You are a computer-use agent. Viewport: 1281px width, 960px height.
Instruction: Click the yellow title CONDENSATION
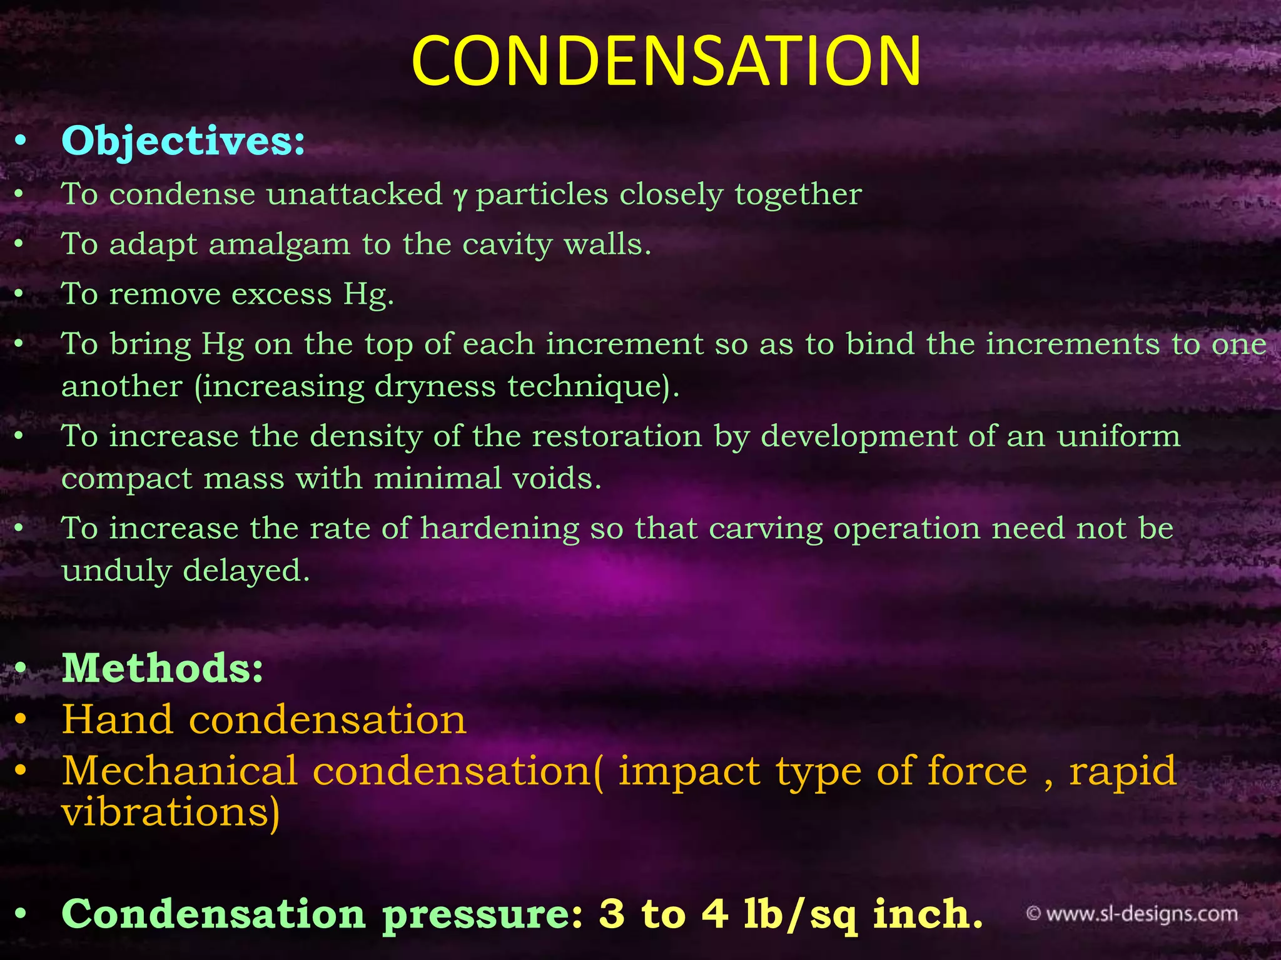coord(666,61)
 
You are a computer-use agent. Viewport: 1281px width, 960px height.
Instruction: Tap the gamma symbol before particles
coord(460,196)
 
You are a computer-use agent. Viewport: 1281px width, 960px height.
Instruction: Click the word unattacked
coord(354,194)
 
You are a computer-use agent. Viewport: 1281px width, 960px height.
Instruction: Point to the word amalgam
coord(279,244)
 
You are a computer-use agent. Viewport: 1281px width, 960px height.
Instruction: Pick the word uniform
coord(1118,436)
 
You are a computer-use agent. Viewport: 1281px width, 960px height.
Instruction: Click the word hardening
coord(500,529)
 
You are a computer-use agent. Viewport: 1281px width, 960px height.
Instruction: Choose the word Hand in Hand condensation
coord(117,719)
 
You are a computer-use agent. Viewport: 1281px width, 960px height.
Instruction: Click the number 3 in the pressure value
coord(611,914)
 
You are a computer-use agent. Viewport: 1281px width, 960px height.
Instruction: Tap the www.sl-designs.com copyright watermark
coord(1132,914)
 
